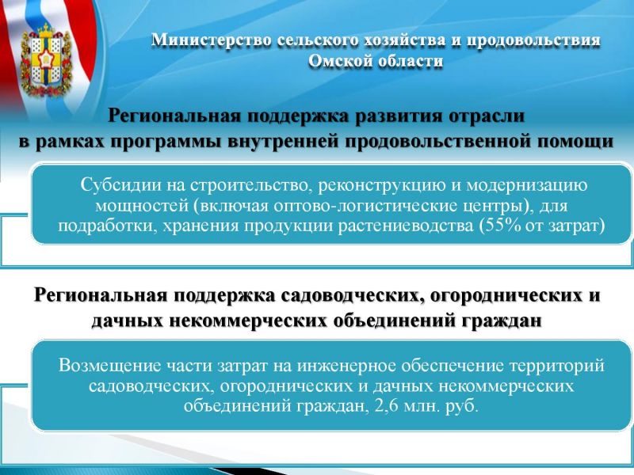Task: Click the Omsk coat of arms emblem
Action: [45, 61]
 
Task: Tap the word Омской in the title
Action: [341, 62]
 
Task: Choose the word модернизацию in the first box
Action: [527, 186]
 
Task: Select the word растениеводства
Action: [406, 226]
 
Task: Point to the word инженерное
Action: [346, 367]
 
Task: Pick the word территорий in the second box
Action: [557, 367]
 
